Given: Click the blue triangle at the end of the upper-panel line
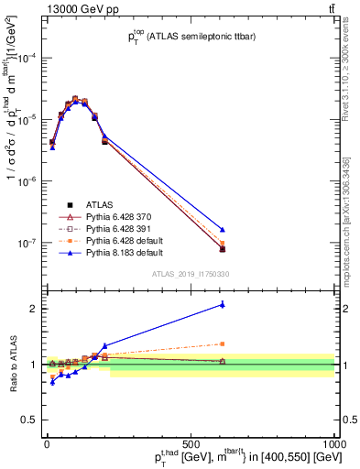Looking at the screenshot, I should [x=223, y=229].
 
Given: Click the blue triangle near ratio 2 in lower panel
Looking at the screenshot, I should [x=223, y=305].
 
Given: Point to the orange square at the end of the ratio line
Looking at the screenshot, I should [x=223, y=344].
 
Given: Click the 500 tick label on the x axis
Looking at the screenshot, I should [x=191, y=443].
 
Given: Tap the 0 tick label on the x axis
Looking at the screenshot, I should [x=47, y=443].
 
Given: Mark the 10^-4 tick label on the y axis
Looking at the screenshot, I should [x=27, y=58].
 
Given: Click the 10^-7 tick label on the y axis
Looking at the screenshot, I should [x=27, y=244].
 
